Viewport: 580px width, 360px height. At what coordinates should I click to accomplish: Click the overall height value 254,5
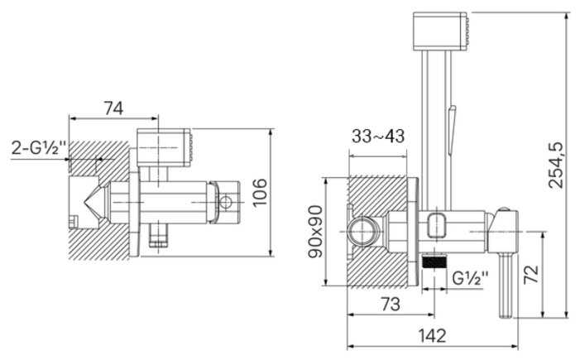pyautogui.click(x=556, y=165)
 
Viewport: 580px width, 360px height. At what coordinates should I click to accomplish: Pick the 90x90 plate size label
pyautogui.click(x=315, y=231)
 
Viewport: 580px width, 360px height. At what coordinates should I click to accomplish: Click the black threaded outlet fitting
pyautogui.click(x=434, y=264)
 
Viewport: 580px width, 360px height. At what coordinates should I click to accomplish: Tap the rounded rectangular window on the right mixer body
pyautogui.click(x=439, y=223)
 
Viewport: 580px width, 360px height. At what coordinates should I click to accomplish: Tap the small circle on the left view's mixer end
pyautogui.click(x=225, y=201)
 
